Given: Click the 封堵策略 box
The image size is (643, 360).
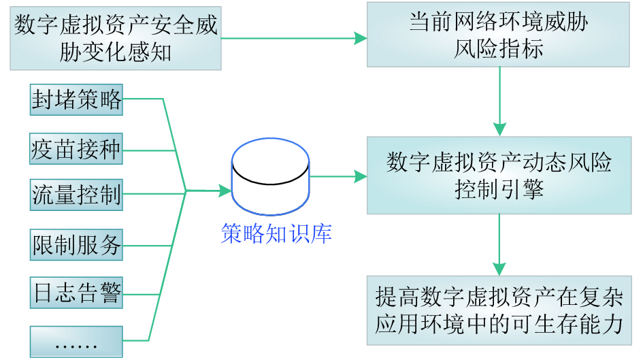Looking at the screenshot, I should [77, 100].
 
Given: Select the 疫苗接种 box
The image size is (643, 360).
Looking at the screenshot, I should [77, 148].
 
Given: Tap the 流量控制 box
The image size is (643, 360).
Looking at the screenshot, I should [77, 195].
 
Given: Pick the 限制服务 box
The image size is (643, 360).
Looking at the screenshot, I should [77, 244].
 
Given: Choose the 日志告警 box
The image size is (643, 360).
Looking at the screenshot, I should [77, 293].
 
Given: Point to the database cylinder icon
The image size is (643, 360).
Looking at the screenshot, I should [271, 177].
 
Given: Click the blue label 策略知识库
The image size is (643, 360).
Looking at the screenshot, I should [276, 233].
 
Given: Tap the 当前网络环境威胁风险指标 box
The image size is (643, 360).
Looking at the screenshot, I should [498, 35].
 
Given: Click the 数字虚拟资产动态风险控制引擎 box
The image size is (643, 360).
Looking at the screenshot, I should [499, 175].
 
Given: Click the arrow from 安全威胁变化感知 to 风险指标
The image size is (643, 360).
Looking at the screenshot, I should [293, 39].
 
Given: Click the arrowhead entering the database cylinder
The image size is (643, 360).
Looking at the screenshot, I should [225, 191].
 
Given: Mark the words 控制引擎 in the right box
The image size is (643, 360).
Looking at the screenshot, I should [499, 189].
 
